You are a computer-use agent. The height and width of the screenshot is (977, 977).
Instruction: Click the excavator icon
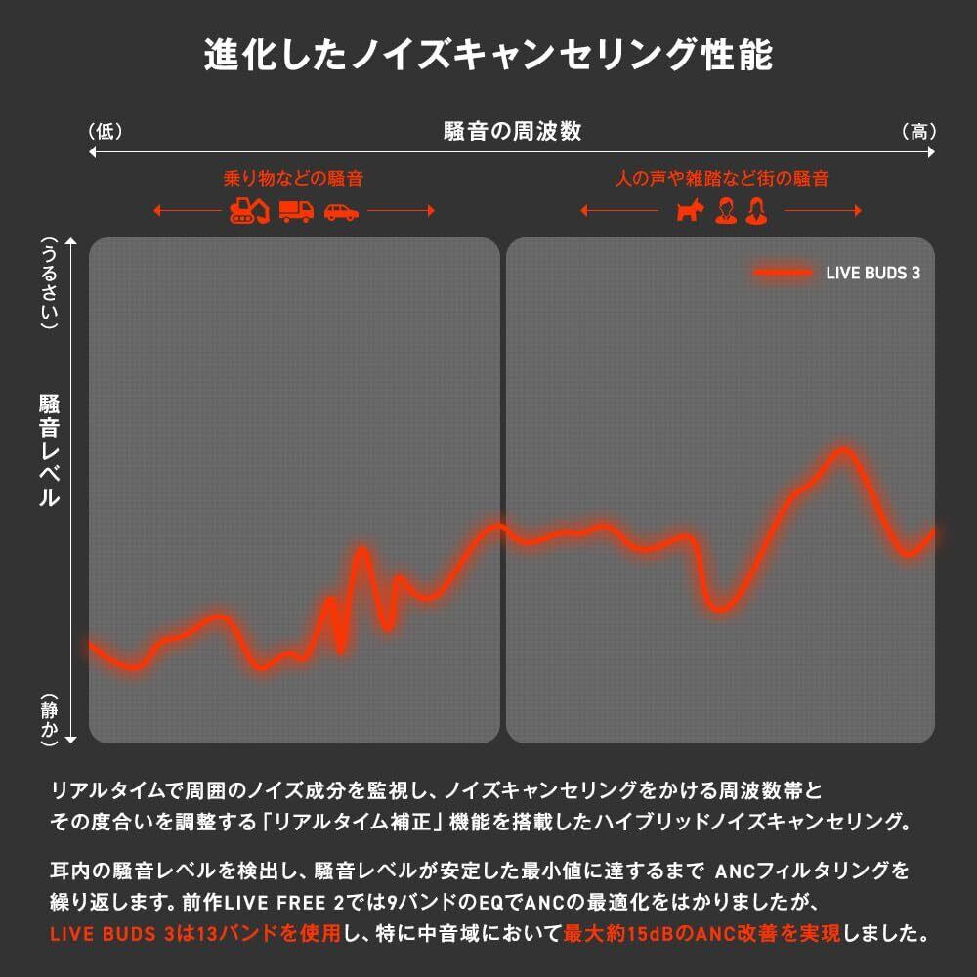250,210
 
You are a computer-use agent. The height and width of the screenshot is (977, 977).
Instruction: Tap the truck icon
296,210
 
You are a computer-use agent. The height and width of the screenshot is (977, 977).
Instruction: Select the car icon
341,211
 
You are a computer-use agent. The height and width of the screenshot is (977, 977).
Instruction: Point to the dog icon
690,210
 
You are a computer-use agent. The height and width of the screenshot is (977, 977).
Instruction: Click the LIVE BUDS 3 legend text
872,274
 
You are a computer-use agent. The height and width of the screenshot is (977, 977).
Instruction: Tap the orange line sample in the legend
783,274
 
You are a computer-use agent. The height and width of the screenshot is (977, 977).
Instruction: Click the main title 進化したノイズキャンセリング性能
488,55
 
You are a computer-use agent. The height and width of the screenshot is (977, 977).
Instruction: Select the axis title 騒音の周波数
512,131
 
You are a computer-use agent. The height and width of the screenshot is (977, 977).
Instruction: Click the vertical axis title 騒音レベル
48,449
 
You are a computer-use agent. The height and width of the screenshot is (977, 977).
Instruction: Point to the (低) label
105,131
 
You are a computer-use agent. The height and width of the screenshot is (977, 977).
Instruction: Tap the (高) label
918,131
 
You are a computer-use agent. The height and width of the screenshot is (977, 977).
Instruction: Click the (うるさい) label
48,282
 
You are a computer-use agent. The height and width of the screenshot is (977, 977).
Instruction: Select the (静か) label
48,718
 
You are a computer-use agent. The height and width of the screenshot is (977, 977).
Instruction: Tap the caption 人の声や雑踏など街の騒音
722,179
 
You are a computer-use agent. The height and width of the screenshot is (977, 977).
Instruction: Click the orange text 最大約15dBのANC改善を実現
701,934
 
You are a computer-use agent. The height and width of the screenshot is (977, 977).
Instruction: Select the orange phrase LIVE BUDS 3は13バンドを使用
194,934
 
